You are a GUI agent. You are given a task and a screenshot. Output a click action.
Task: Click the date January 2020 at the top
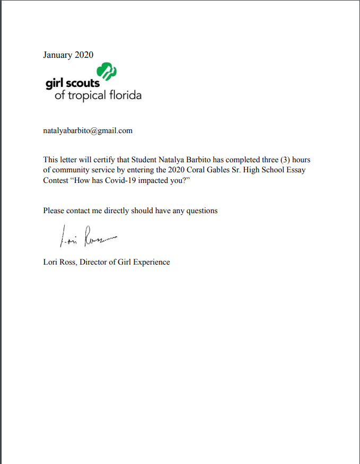pyautogui.click(x=68, y=55)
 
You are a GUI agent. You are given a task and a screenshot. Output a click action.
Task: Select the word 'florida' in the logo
pyautogui.click(x=122, y=96)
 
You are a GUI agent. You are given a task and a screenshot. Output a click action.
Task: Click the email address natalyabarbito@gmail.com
pyautogui.click(x=87, y=130)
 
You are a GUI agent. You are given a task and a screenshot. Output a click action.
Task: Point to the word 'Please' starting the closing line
pyautogui.click(x=54, y=211)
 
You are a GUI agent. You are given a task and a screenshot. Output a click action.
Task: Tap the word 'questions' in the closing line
pyautogui.click(x=201, y=211)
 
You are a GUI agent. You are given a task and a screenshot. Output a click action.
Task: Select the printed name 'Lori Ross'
pyautogui.click(x=60, y=262)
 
